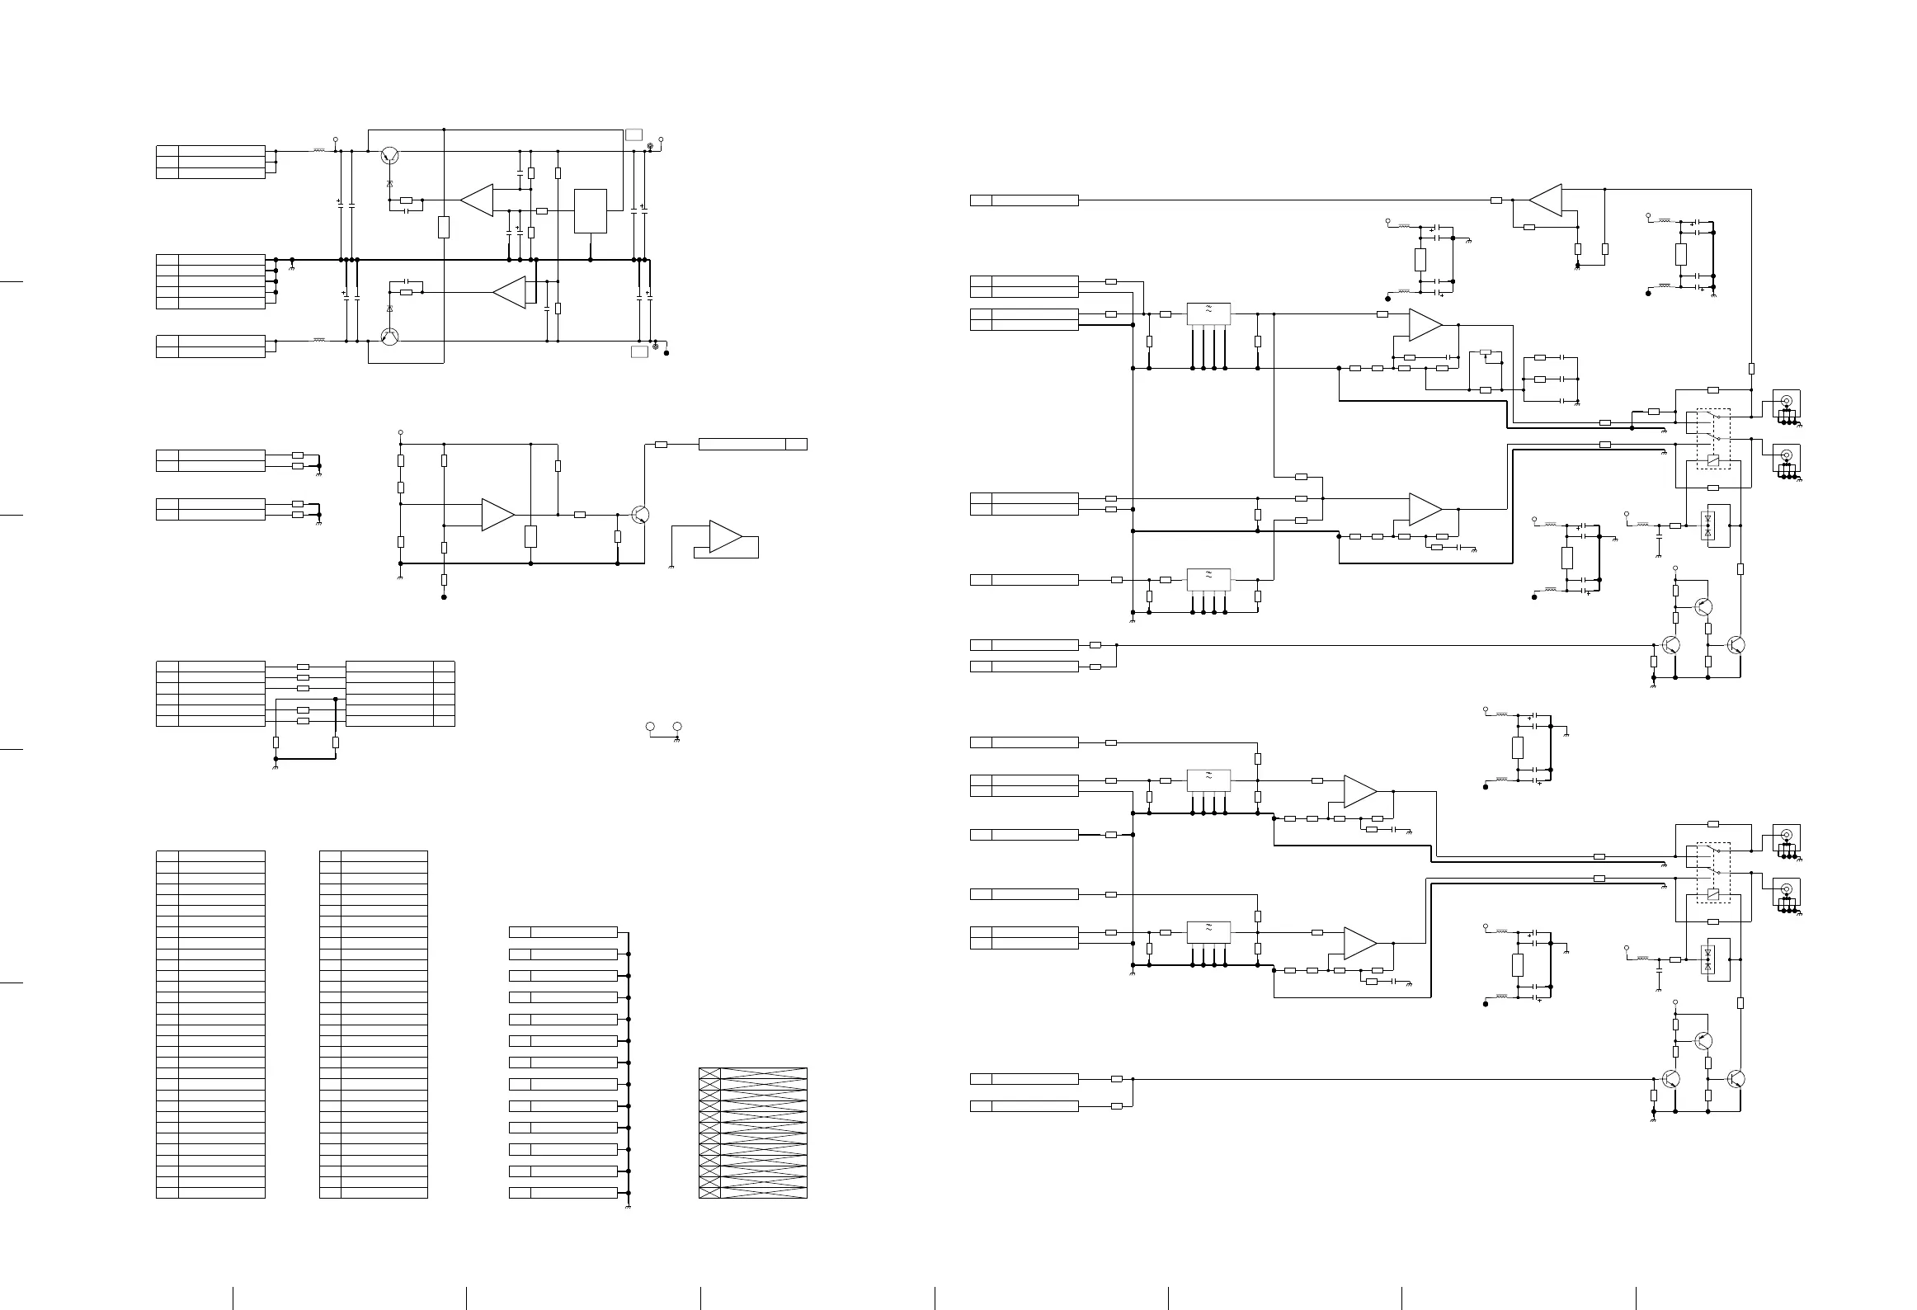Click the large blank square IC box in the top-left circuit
pyautogui.click(x=590, y=211)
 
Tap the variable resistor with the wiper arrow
pyautogui.click(x=1486, y=352)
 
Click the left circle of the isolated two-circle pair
pyautogui.click(x=650, y=727)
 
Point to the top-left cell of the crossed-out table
pyautogui.click(x=709, y=1073)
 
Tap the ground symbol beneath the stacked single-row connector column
pyautogui.click(x=629, y=1206)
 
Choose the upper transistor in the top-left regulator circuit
pyautogui.click(x=390, y=156)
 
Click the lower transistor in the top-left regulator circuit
pyautogui.click(x=390, y=336)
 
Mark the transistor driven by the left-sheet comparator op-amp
pyautogui.click(x=640, y=515)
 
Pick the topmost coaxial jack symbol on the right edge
pyautogui.click(x=1787, y=402)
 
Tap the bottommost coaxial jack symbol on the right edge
pyautogui.click(x=1787, y=888)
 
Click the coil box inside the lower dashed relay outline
pyautogui.click(x=1712, y=895)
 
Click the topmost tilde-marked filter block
pyautogui.click(x=1208, y=313)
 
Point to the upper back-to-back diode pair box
pyautogui.click(x=1708, y=525)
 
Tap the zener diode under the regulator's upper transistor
pyautogui.click(x=390, y=181)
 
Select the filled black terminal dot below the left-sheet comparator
pyautogui.click(x=444, y=597)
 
